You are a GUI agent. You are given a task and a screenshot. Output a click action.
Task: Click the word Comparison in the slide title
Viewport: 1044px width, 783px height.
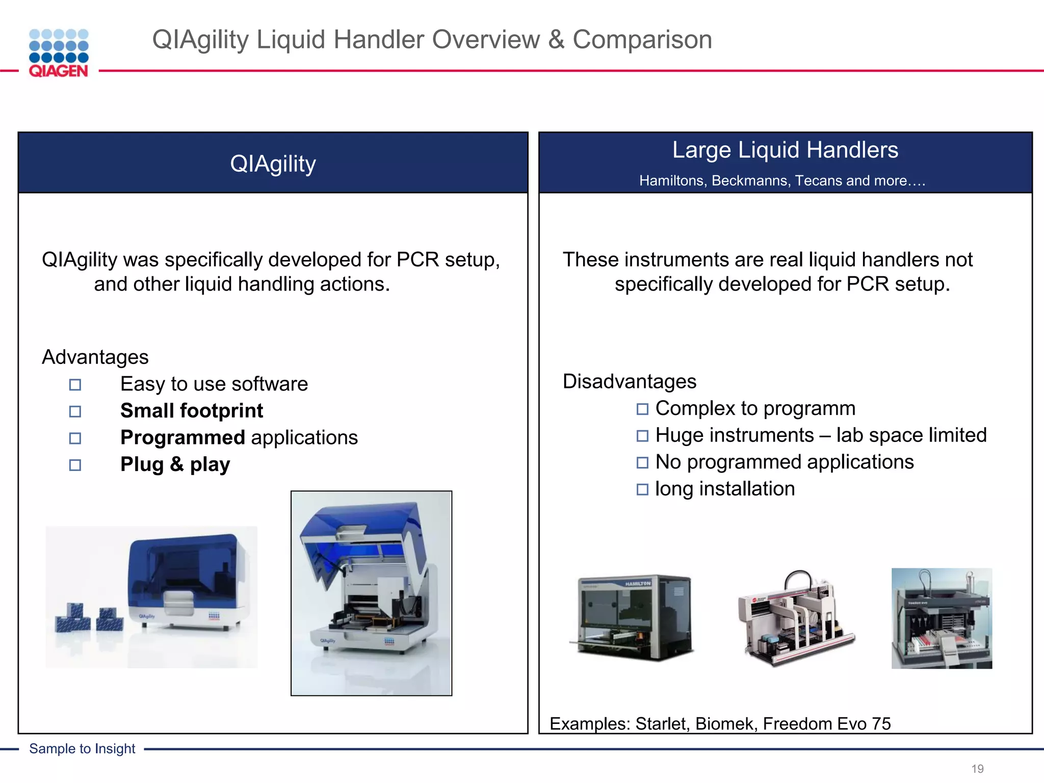pyautogui.click(x=642, y=40)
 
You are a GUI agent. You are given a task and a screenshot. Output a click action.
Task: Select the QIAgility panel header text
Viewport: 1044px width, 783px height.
pyautogui.click(x=273, y=164)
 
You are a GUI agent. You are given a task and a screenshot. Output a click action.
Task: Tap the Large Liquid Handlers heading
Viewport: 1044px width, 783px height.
pyautogui.click(x=785, y=150)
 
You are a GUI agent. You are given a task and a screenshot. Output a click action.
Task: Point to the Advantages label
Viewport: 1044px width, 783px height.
pyautogui.click(x=95, y=357)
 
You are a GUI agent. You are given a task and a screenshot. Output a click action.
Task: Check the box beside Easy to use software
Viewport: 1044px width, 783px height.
pyautogui.click(x=75, y=385)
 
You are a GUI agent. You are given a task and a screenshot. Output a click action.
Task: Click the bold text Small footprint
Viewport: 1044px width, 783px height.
pyautogui.click(x=192, y=411)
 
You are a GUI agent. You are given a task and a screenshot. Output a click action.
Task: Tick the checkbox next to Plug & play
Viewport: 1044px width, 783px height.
pyautogui.click(x=75, y=465)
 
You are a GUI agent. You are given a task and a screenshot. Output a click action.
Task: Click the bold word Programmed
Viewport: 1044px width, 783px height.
pyautogui.click(x=182, y=438)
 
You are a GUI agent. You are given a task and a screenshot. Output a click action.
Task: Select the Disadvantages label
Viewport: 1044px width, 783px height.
pyautogui.click(x=629, y=382)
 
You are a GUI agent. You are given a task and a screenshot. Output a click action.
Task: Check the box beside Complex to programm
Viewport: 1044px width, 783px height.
pyautogui.click(x=642, y=409)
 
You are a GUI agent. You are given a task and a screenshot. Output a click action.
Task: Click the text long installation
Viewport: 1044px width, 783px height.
pyautogui.click(x=724, y=489)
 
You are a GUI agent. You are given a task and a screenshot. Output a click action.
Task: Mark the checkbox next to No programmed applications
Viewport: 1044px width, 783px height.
pyautogui.click(x=642, y=463)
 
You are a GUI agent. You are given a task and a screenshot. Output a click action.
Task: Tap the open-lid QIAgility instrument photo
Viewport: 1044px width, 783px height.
pyautogui.click(x=371, y=593)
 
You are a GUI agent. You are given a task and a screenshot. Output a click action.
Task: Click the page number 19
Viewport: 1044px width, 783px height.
pyautogui.click(x=977, y=769)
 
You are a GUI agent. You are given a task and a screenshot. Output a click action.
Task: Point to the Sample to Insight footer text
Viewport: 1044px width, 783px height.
pyautogui.click(x=82, y=749)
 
